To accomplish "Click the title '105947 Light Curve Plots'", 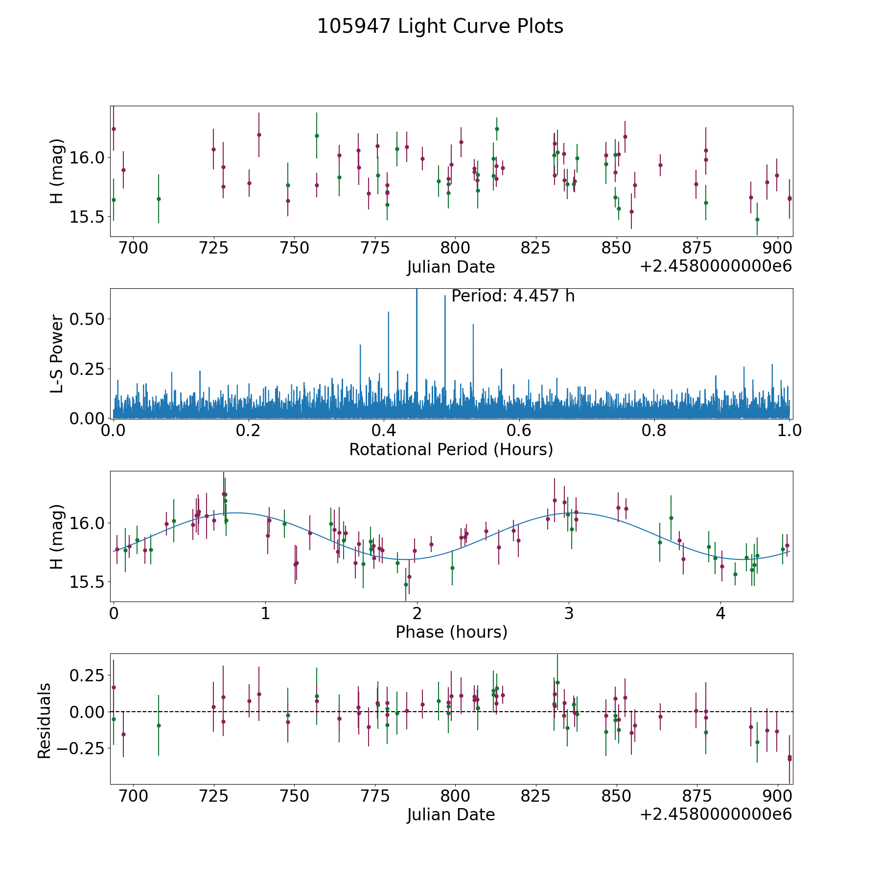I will coord(440,26).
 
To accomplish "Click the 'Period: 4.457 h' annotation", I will coord(513,296).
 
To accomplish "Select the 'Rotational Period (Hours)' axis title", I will coord(451,449).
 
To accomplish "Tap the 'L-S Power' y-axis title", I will coord(57,353).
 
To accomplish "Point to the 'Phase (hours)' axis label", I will coord(451,632).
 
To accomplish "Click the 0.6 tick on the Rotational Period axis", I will coord(519,431).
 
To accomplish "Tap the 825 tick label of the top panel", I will coord(535,248).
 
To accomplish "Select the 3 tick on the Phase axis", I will coord(569,613).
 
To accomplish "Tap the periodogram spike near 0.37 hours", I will coord(360,346).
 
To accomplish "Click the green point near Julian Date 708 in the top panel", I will coord(159,199).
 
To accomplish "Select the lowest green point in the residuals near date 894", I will coord(757,742).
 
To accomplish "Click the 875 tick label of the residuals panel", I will coord(696,796).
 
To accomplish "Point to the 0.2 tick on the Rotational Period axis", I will coord(249,431).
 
